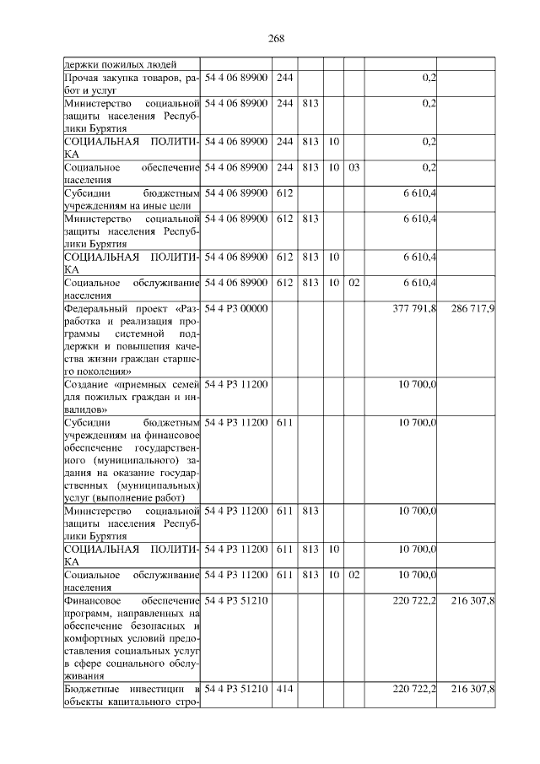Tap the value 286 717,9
[x=472, y=309]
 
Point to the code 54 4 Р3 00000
[x=236, y=309]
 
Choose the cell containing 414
[x=284, y=690]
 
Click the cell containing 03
[x=353, y=167]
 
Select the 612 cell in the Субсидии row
[x=284, y=194]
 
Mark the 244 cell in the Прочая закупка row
[x=284, y=78]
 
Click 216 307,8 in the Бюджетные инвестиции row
[x=472, y=690]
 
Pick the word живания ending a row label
[x=84, y=676]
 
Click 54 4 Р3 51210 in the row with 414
[x=236, y=690]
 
